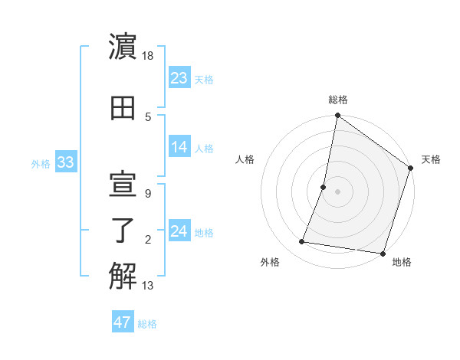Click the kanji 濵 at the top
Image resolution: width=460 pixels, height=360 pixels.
123,47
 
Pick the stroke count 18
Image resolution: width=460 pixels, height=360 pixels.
149,56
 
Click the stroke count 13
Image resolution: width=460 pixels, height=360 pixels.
149,286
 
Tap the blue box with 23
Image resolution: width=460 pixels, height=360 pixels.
179,78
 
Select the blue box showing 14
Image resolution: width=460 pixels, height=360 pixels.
179,147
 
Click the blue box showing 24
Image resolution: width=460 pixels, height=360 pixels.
179,231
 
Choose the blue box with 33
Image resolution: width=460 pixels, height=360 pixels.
65,162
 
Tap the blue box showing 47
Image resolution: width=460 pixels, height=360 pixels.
123,322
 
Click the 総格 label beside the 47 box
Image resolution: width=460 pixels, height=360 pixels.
147,324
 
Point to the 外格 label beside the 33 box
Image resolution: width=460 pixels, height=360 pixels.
40,163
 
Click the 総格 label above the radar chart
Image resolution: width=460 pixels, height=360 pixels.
337,100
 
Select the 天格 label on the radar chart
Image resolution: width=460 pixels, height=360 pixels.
431,159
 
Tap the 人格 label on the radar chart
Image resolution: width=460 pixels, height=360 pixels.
245,159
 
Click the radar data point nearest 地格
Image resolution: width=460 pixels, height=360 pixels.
383,254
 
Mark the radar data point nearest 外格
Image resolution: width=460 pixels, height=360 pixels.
302,242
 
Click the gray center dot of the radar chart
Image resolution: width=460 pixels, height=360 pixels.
337,191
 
